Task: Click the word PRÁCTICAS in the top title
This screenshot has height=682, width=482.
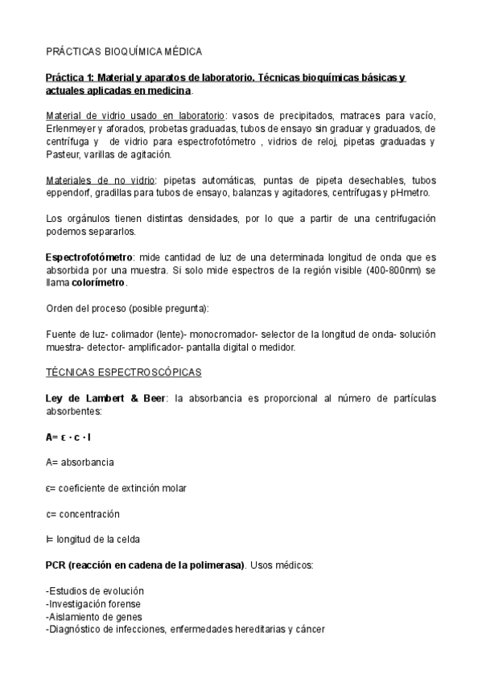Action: click(x=74, y=51)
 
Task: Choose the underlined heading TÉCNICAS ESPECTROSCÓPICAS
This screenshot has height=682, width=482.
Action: click(x=123, y=373)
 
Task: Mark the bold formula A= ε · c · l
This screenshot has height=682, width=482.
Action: click(x=68, y=438)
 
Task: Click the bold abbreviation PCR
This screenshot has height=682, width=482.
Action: click(x=57, y=565)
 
